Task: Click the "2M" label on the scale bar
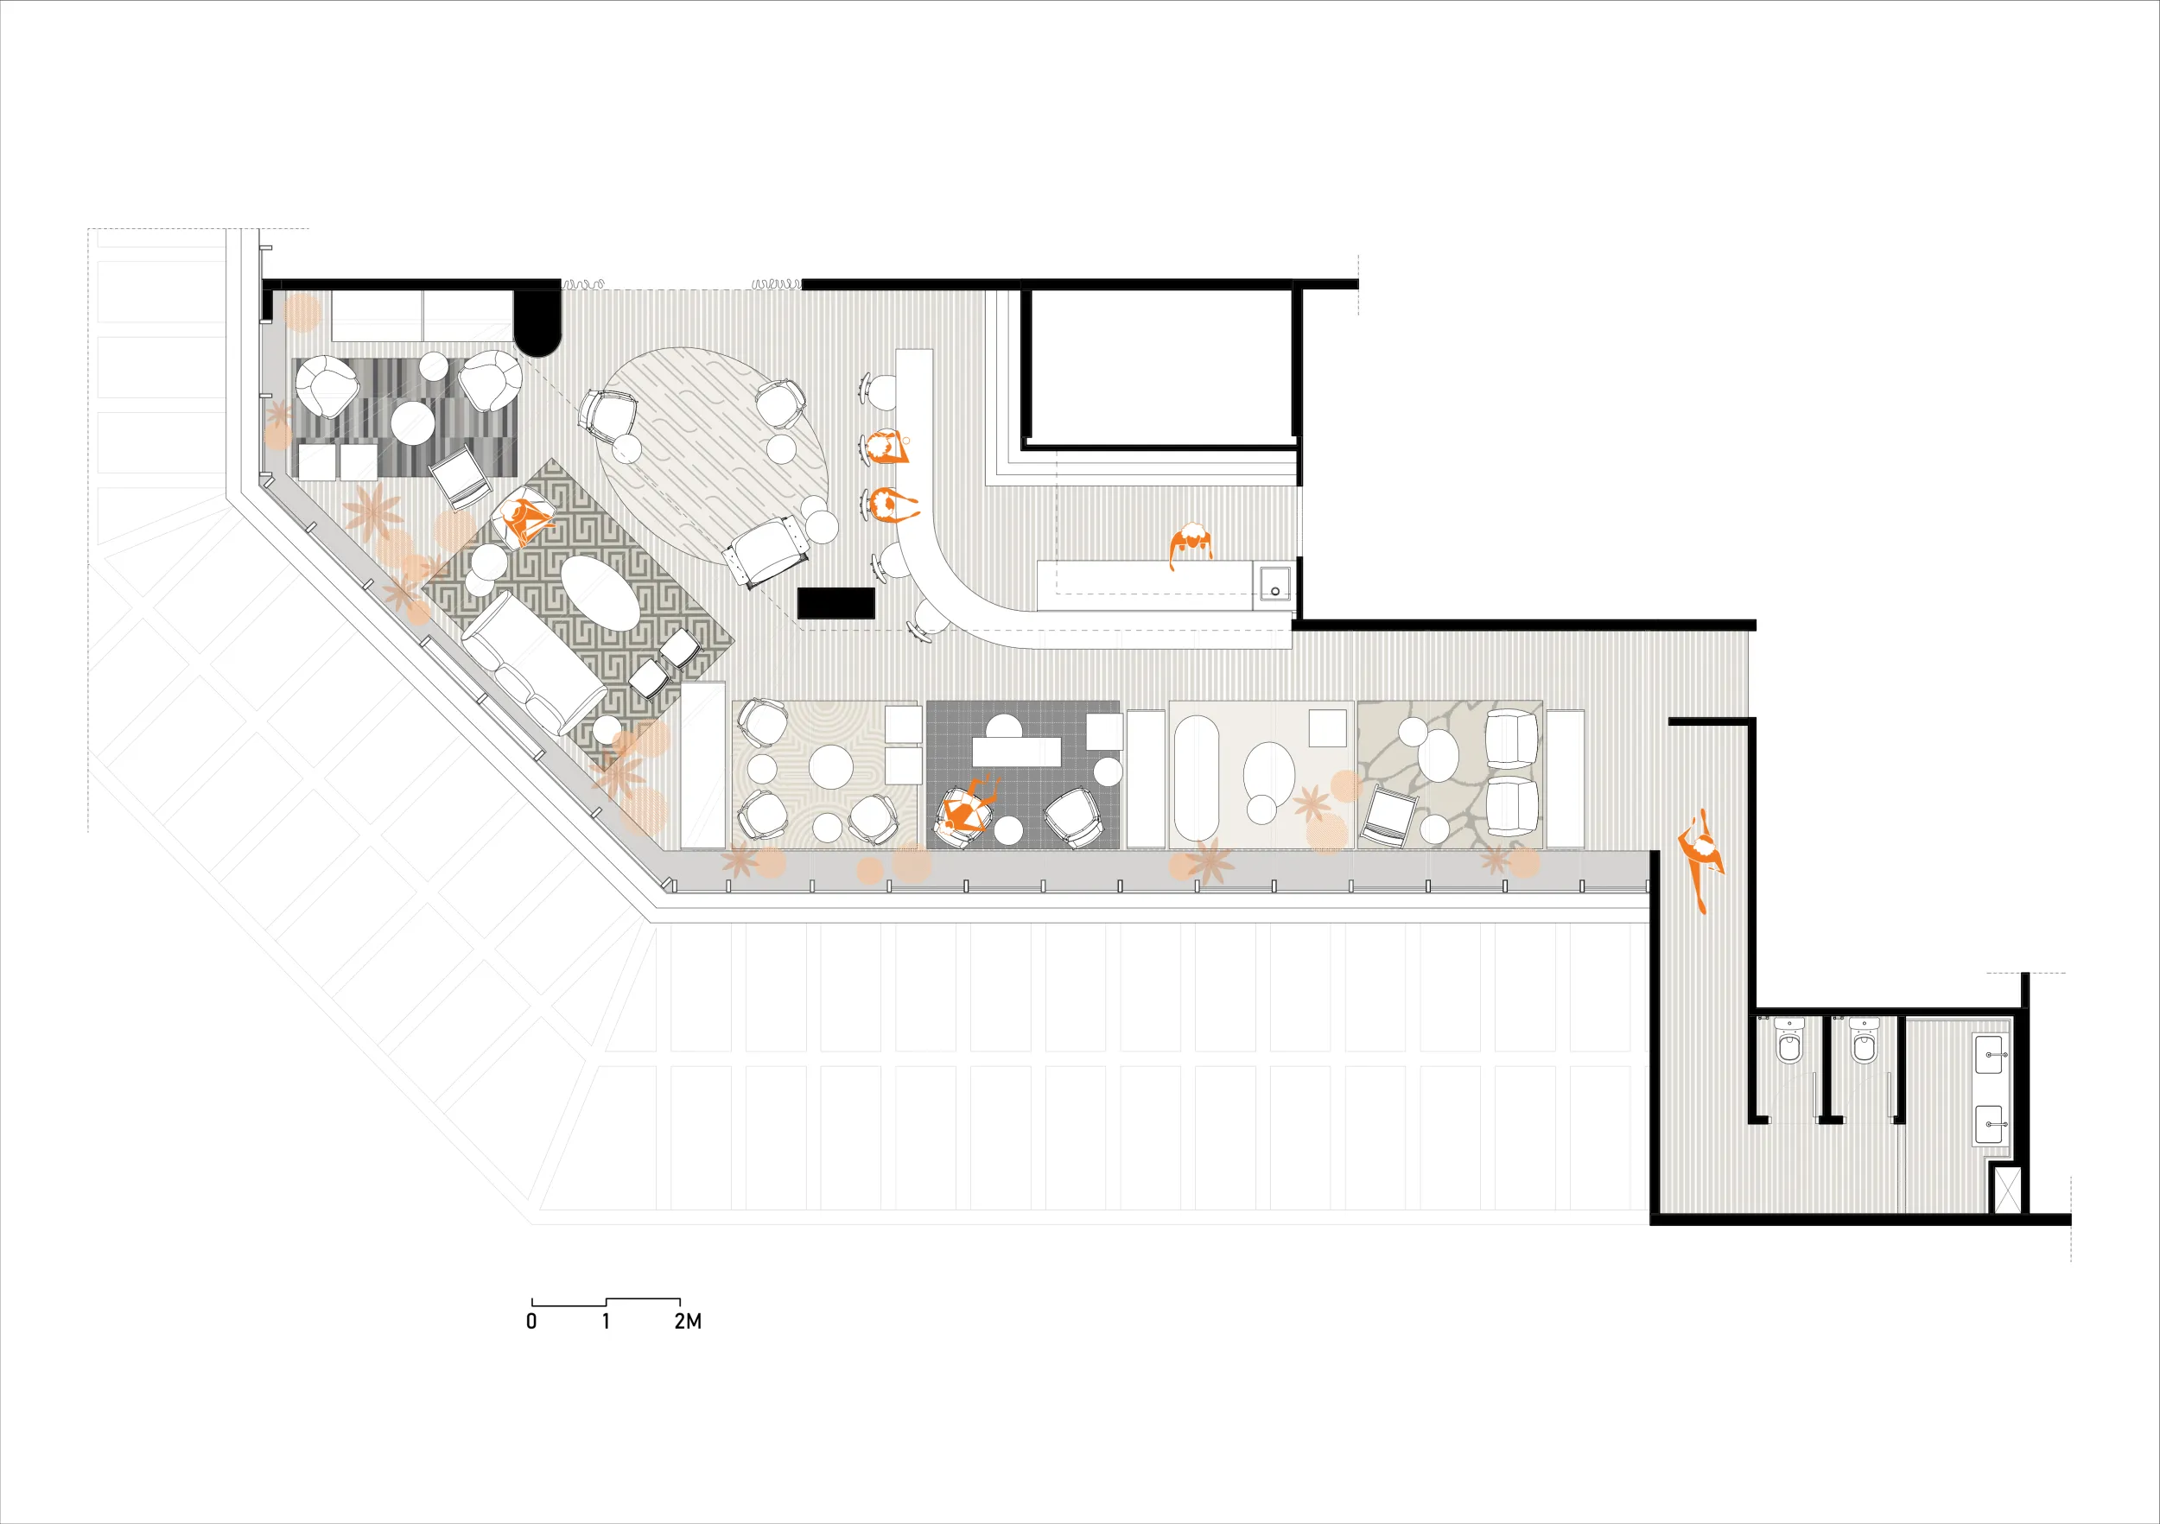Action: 688,1322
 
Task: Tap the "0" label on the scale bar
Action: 531,1322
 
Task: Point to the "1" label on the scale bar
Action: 606,1322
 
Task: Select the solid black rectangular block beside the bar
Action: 835,603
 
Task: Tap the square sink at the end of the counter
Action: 1274,583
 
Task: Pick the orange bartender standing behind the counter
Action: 1191,546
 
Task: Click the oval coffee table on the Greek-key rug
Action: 600,593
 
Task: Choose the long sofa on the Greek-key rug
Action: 532,664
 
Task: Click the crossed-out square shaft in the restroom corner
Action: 2004,1189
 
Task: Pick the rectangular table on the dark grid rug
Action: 1016,752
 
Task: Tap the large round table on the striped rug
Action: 412,422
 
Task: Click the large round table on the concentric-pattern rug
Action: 830,766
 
